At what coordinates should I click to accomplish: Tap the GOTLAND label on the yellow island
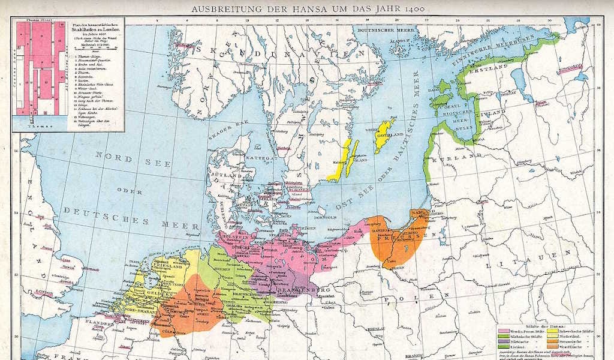(x=383, y=130)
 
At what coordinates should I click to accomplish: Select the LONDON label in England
(x=44, y=292)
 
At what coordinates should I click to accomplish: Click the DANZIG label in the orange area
(x=384, y=230)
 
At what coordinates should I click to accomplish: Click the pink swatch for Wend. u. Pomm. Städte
(x=502, y=331)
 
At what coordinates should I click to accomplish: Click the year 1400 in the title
(x=411, y=9)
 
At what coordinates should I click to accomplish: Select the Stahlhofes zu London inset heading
(x=95, y=27)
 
